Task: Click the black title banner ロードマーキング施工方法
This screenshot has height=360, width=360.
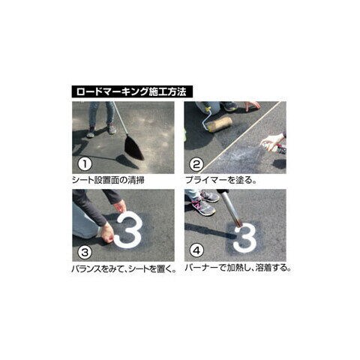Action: point(132,91)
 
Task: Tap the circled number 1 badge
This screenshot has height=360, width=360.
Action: point(85,164)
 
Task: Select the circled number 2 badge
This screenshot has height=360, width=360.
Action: point(196,164)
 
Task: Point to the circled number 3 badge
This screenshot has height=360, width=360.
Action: point(85,252)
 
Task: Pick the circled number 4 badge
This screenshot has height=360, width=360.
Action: point(196,250)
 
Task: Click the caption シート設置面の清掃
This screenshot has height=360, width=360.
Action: point(108,180)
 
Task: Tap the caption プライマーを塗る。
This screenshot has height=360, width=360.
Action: point(221,180)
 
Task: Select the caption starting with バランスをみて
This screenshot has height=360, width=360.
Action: point(124,269)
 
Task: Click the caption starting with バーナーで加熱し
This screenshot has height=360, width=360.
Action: point(238,268)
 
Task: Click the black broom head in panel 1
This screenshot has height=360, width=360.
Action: point(134,148)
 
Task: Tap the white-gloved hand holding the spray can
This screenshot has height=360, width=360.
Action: point(272,142)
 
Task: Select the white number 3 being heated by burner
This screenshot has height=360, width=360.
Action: point(245,238)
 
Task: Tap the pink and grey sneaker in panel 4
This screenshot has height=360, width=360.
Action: point(203,205)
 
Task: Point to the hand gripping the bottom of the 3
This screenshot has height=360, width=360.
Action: point(108,232)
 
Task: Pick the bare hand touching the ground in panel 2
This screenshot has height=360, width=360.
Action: point(252,106)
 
